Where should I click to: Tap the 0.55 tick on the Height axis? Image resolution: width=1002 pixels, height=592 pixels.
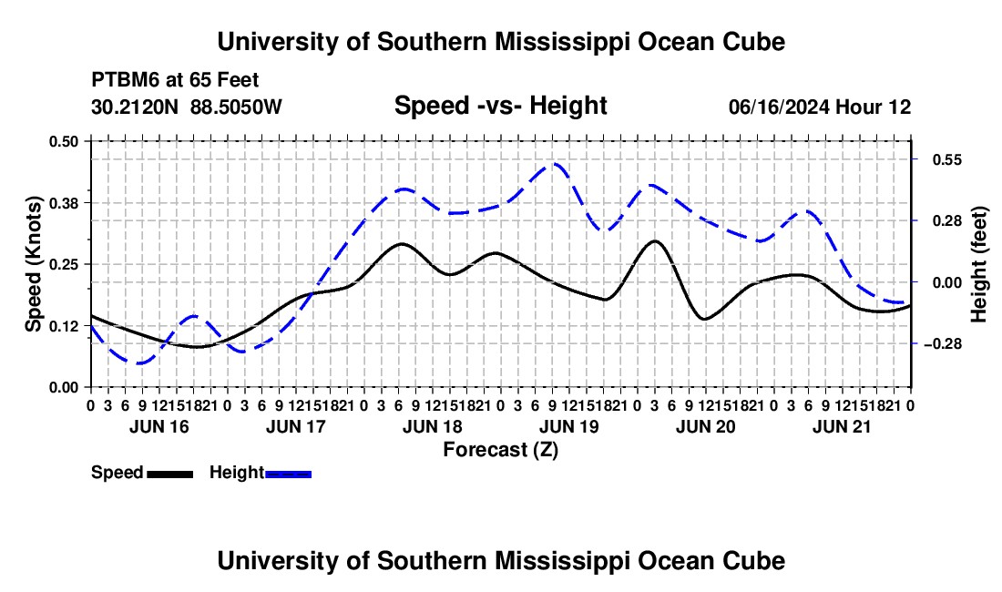pyautogui.click(x=947, y=159)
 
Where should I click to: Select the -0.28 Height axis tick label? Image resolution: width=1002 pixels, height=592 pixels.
pyautogui.click(x=943, y=344)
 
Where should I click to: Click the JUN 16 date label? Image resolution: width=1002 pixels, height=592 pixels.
pyautogui.click(x=159, y=426)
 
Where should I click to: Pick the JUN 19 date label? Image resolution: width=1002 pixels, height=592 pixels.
pyautogui.click(x=569, y=426)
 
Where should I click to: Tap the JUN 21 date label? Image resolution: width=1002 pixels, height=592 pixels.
pyautogui.click(x=842, y=426)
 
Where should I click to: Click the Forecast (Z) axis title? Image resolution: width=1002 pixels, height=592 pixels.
pyautogui.click(x=501, y=450)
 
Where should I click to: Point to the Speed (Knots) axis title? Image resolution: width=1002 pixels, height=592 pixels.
pyautogui.click(x=33, y=264)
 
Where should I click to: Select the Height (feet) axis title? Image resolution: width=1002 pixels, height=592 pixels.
pyautogui.click(x=978, y=264)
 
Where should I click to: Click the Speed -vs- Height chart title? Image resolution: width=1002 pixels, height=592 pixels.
pyautogui.click(x=501, y=106)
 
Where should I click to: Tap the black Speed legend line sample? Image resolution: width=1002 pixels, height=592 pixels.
pyautogui.click(x=170, y=475)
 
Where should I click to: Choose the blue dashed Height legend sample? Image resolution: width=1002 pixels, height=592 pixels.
pyautogui.click(x=288, y=475)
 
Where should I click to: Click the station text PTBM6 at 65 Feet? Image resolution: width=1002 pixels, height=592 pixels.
pyautogui.click(x=175, y=80)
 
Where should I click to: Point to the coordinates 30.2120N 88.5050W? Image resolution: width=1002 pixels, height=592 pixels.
pyautogui.click(x=187, y=107)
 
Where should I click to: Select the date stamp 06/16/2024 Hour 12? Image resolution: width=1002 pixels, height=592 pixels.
pyautogui.click(x=820, y=107)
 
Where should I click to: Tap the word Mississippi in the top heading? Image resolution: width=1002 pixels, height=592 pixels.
pyautogui.click(x=562, y=42)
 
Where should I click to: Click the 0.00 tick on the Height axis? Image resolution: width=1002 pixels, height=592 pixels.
pyautogui.click(x=947, y=282)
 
